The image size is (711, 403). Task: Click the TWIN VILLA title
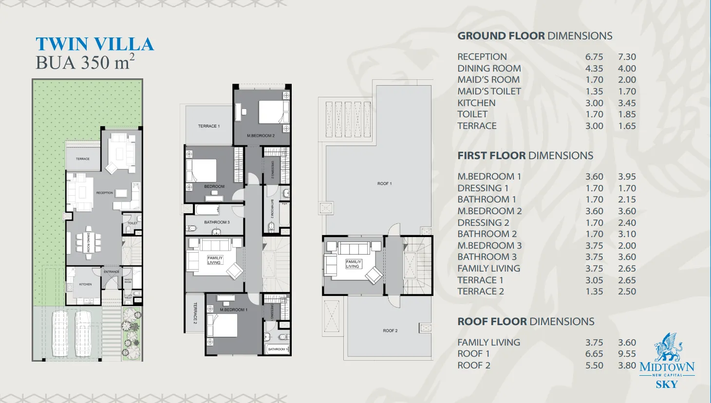(94, 44)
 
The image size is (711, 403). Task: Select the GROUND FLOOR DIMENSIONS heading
(534, 36)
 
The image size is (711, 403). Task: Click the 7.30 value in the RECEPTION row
(627, 57)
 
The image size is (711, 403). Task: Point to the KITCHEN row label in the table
(476, 103)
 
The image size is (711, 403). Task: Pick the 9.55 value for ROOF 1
(627, 354)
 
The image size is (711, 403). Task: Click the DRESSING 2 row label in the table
(483, 222)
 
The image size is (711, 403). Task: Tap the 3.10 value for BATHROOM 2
(627, 234)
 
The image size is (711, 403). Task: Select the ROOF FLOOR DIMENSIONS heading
(525, 322)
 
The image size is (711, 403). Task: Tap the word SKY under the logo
(666, 385)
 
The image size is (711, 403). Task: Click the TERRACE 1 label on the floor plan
(208, 126)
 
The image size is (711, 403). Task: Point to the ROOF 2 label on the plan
(390, 330)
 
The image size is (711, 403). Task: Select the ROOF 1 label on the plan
(384, 183)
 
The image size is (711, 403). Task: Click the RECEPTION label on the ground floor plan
(104, 193)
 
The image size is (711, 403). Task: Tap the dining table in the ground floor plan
(89, 242)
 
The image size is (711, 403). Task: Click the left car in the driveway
(60, 333)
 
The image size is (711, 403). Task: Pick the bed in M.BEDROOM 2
(271, 112)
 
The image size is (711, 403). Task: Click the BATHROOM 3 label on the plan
(217, 222)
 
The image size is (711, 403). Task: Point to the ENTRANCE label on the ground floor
(112, 272)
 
